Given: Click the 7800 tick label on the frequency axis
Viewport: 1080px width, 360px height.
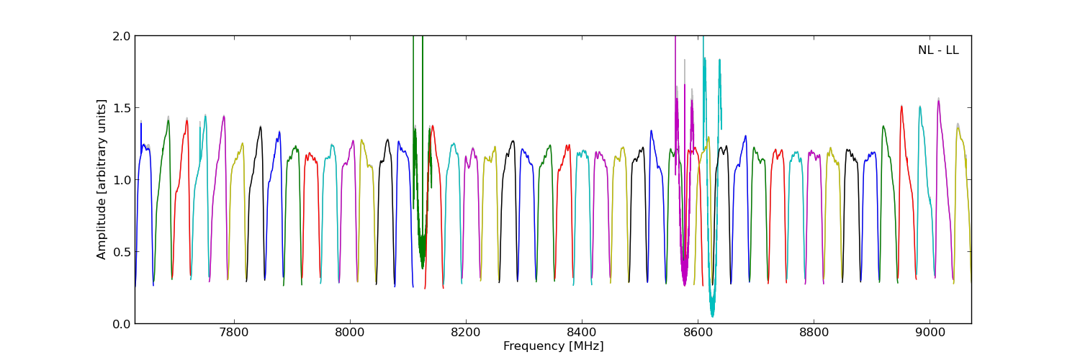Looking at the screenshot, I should pyautogui.click(x=233, y=333).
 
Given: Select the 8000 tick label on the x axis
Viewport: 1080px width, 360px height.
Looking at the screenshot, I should pyautogui.click(x=349, y=333).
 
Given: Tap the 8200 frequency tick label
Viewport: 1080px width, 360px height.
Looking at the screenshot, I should pyautogui.click(x=466, y=333).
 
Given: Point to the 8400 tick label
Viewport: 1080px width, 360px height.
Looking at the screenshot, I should pyautogui.click(x=582, y=333).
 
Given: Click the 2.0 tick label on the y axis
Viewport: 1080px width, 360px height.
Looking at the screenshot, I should pyautogui.click(x=122, y=36).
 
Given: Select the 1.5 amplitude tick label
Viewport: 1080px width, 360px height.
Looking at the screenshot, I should pyautogui.click(x=122, y=108).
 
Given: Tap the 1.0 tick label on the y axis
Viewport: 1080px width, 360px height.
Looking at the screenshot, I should pyautogui.click(x=122, y=180).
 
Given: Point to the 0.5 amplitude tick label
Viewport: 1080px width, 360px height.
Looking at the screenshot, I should pyautogui.click(x=122, y=252).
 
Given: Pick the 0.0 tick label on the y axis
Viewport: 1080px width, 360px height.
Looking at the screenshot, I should pyautogui.click(x=122, y=324).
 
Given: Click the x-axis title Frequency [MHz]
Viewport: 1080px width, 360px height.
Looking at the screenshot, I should pyautogui.click(x=553, y=346).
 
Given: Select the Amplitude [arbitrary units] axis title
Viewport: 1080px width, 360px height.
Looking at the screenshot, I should pyautogui.click(x=102, y=179).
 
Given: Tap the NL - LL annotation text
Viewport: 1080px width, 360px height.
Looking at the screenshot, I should pyautogui.click(x=938, y=50).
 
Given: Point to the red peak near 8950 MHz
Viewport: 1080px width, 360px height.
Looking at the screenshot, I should pyautogui.click(x=901, y=107).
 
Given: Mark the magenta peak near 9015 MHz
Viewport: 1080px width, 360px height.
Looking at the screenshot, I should pyautogui.click(x=938, y=101).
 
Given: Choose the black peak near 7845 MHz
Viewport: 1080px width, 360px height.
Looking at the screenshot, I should pyautogui.click(x=261, y=127).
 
